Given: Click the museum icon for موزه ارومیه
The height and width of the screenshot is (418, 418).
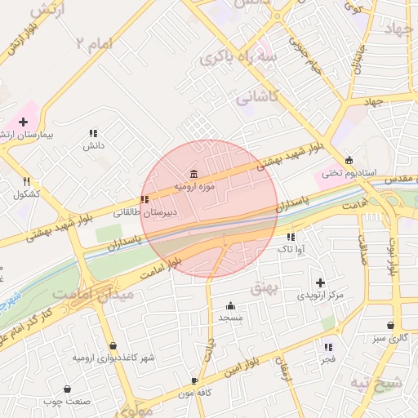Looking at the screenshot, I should tap(193, 174).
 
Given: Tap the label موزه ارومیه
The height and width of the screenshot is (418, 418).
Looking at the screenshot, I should tap(193, 187).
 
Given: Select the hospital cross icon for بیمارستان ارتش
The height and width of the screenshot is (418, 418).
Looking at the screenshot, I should tap(23, 122).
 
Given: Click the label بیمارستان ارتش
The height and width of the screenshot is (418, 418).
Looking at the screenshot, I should tap(28, 134).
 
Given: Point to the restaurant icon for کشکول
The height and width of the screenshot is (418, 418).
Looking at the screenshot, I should tap(26, 181).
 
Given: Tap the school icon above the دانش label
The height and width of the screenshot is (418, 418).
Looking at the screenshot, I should tap(93, 133).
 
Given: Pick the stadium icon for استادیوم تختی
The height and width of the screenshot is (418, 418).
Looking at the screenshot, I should tap(349, 160).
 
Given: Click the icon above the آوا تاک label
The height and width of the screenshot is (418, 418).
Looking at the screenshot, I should tap(289, 237).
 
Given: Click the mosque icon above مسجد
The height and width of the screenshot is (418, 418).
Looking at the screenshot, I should tap(230, 305).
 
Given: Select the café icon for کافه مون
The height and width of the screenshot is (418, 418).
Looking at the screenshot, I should tap(194, 381).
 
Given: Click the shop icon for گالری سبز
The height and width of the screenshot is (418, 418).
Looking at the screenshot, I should tap(390, 325).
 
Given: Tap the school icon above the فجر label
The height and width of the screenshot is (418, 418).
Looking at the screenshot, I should tap(327, 347).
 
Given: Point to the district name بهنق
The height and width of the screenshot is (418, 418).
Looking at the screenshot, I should tap(267, 288).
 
